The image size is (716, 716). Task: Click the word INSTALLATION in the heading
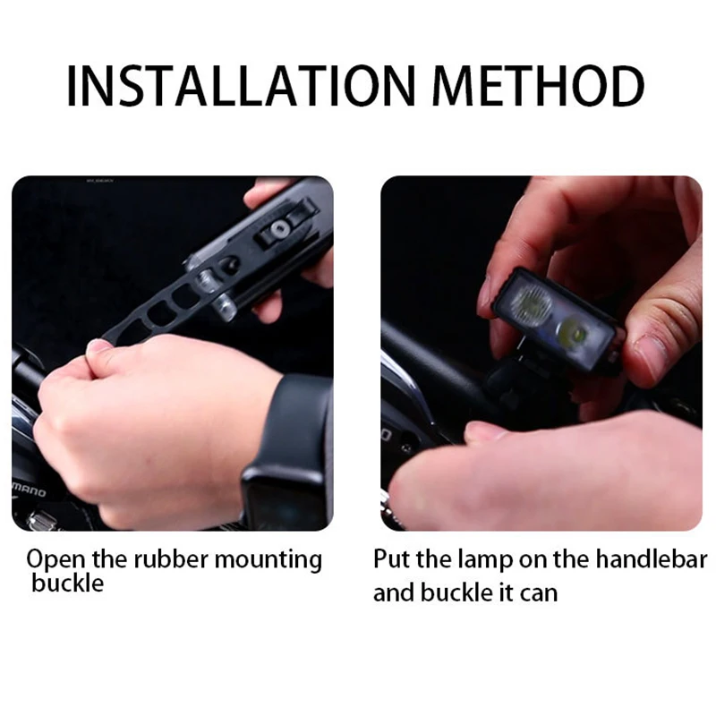pyautogui.click(x=240, y=86)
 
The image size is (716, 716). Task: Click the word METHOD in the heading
pyautogui.click(x=538, y=86)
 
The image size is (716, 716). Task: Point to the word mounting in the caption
pyautogui.click(x=268, y=560)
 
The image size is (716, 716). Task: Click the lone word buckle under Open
pyautogui.click(x=68, y=584)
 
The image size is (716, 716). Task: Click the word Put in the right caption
pyautogui.click(x=392, y=558)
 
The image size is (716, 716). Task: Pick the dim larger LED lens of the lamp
pyautogui.click(x=531, y=303)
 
